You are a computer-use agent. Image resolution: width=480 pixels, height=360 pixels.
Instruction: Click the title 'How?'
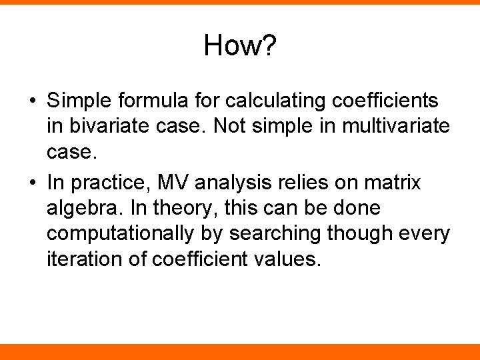[x=240, y=46]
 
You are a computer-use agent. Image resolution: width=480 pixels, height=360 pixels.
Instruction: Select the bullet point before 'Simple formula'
[x=32, y=101]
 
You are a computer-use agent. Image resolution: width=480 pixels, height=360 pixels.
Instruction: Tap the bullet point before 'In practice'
[x=32, y=183]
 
